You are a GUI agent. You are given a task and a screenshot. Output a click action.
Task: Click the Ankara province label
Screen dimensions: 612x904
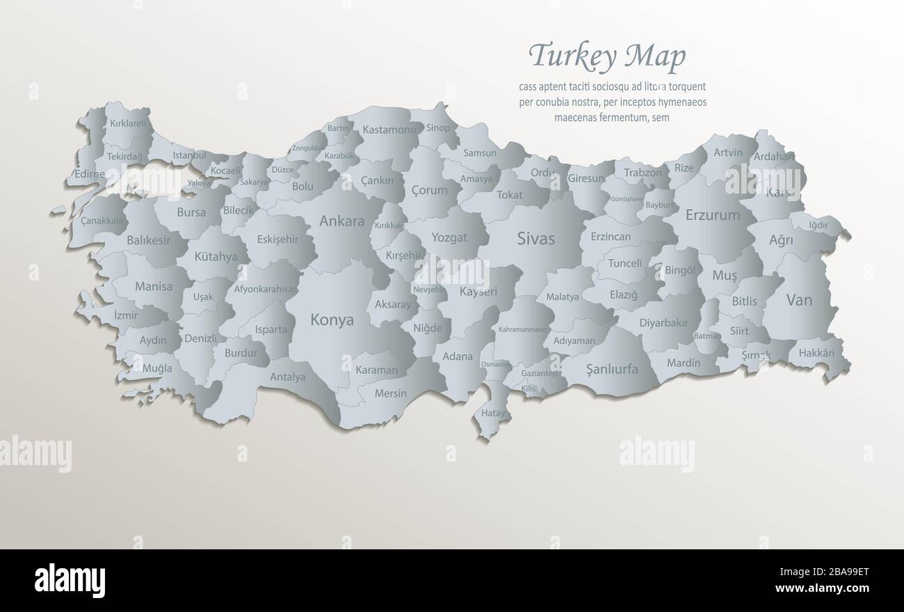tap(341, 221)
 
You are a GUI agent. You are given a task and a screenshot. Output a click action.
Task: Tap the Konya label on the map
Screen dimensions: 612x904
tap(332, 320)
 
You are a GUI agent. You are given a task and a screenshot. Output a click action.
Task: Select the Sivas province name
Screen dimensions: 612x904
tap(536, 239)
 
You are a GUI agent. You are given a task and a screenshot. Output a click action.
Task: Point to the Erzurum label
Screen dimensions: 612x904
tap(712, 215)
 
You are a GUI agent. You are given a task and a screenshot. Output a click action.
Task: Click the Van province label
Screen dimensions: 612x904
tap(799, 301)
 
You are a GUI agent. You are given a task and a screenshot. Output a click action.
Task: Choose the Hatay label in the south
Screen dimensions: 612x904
tap(493, 413)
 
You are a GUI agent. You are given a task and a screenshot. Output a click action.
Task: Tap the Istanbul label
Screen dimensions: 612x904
tap(190, 155)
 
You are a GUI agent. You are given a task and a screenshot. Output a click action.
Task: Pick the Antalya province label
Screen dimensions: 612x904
tap(287, 377)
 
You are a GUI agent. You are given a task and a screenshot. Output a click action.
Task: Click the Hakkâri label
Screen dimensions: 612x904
tap(816, 353)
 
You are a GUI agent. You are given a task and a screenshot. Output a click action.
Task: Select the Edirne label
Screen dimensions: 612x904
tap(89, 174)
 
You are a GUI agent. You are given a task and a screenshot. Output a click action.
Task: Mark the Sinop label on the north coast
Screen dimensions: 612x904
tap(438, 127)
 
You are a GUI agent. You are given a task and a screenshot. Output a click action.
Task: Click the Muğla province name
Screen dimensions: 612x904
tap(157, 368)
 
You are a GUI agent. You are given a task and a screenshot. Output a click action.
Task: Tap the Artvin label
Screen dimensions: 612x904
tap(727, 152)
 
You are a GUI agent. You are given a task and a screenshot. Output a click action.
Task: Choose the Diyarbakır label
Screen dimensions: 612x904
tap(663, 323)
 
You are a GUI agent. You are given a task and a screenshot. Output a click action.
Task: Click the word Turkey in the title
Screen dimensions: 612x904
tap(573, 56)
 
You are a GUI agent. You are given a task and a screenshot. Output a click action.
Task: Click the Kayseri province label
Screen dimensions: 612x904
tap(478, 292)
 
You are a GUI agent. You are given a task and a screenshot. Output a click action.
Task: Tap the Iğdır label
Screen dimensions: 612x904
tap(818, 225)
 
